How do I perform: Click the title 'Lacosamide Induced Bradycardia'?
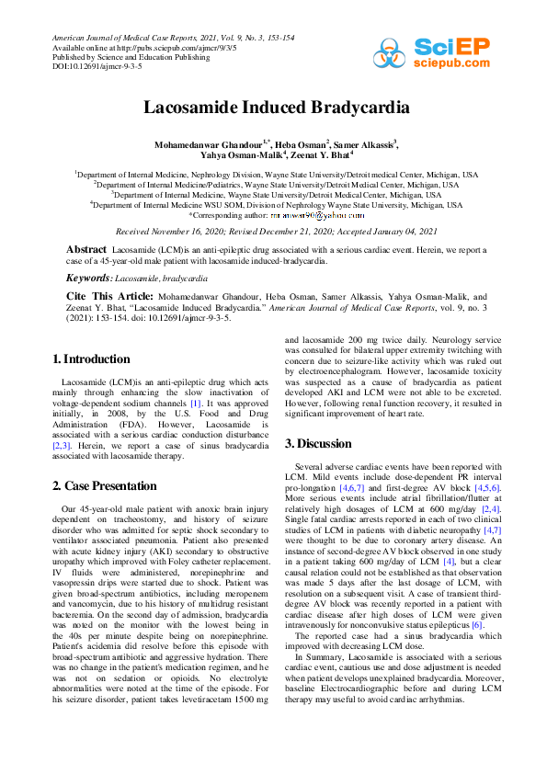[273, 107]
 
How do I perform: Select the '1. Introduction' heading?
[91, 359]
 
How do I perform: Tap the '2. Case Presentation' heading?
[104, 485]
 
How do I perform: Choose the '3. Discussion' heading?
[318, 444]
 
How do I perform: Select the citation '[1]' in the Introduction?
[196, 403]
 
